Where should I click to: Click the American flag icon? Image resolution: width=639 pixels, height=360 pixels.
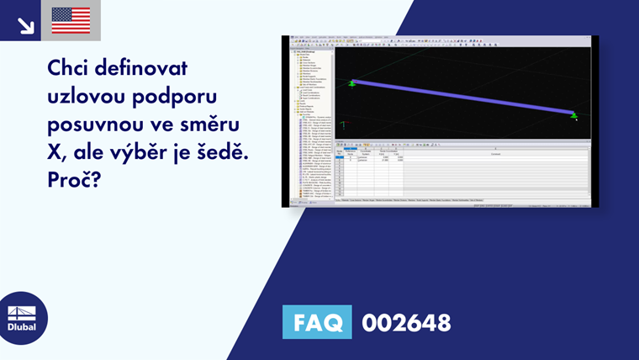[71, 20]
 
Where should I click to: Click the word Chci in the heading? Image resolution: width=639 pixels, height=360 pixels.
[75, 67]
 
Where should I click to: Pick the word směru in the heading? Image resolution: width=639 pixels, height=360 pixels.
[212, 125]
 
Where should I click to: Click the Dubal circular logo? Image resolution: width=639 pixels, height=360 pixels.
[23, 318]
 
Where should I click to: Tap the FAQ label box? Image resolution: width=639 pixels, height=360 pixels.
[317, 322]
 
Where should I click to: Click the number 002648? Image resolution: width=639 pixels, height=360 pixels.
[406, 322]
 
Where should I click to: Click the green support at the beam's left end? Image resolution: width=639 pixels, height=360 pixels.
[352, 83]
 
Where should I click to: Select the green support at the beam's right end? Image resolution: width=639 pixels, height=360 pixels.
[574, 114]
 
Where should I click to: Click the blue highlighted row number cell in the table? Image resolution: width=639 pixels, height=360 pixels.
[340, 157]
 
